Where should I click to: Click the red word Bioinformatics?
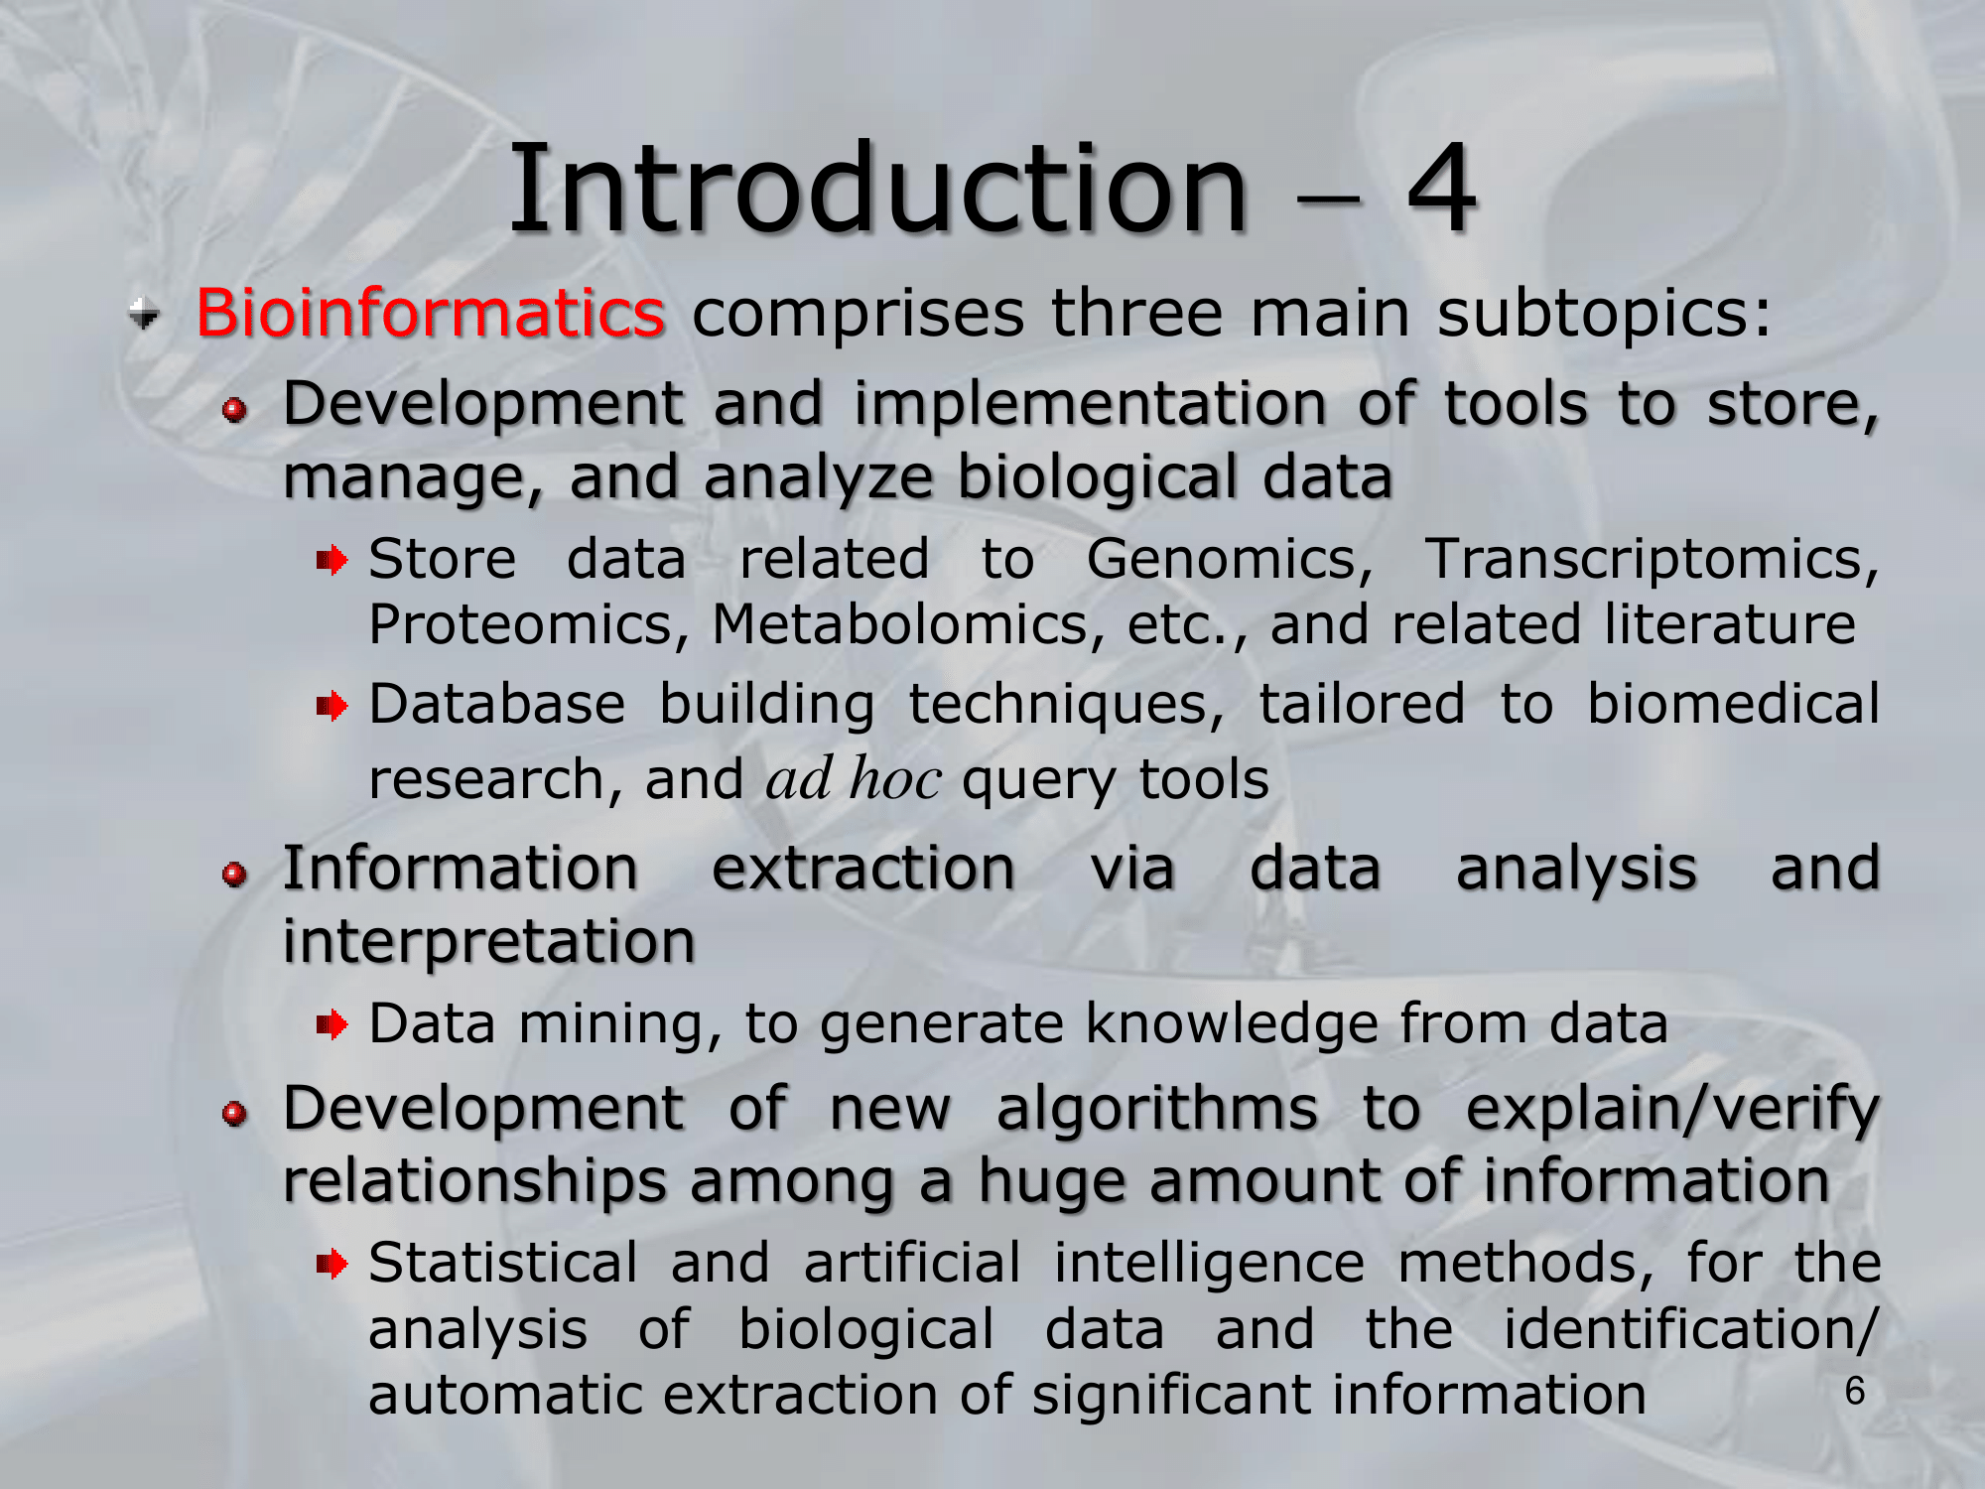tap(430, 313)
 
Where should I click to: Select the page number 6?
tap(1854, 1392)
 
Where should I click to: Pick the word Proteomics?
tap(529, 624)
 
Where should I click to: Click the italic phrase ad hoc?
tap(854, 777)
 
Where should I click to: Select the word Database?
tap(497, 704)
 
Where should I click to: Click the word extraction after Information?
tap(863, 868)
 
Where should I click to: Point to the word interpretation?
tap(488, 941)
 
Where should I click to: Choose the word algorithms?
tap(1157, 1109)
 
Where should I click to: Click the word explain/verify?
tap(1672, 1110)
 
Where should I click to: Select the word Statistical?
tap(503, 1263)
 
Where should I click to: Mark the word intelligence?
tap(1209, 1265)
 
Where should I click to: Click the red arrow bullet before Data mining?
tap(331, 1023)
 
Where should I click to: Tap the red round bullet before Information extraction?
tap(234, 874)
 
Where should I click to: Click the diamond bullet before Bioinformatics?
tap(144, 315)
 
